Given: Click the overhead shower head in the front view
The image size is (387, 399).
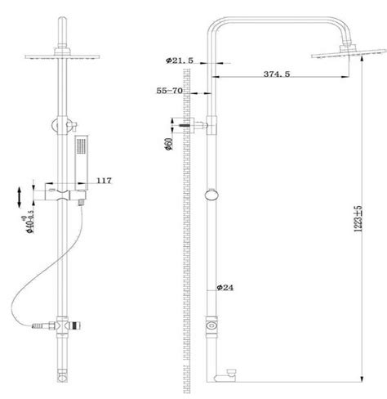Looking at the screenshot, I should tap(61, 60).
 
